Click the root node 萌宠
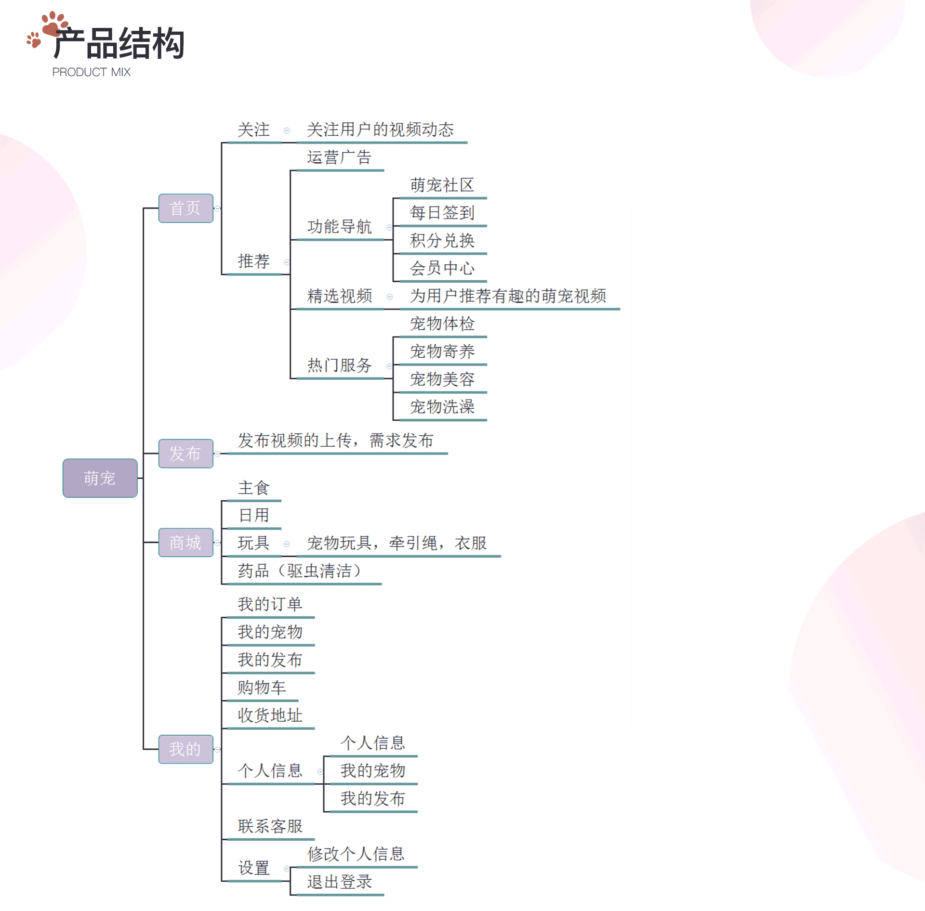click(100, 478)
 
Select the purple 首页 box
click(185, 208)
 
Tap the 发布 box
click(185, 453)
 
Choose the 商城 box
click(185, 542)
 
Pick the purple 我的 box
click(185, 749)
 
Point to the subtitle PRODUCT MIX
click(91, 72)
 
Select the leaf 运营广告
click(339, 157)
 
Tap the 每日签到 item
click(442, 212)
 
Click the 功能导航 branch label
click(339, 226)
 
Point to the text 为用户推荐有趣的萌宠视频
click(508, 296)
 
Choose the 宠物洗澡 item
click(442, 407)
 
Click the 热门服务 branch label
click(339, 365)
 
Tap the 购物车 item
click(262, 687)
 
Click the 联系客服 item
click(270, 826)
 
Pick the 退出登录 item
click(339, 882)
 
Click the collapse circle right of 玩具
click(287, 544)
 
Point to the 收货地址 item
click(270, 715)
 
